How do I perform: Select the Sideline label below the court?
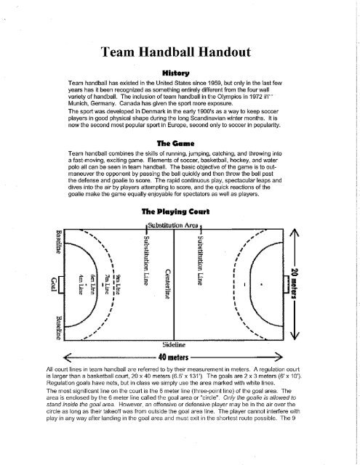coord(169,345)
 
